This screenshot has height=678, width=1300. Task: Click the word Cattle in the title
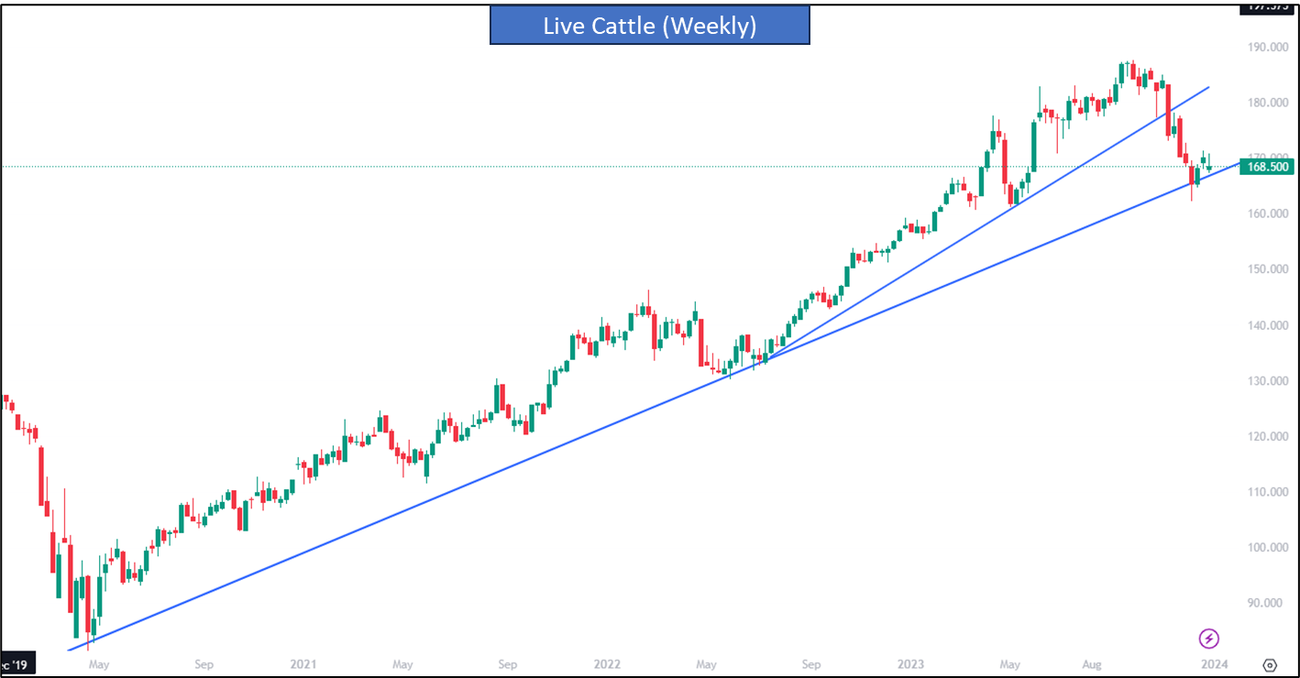[x=623, y=26]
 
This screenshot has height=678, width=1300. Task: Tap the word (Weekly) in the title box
[x=711, y=26]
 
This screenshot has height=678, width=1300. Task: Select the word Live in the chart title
[x=563, y=26]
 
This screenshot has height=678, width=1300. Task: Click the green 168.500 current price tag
[x=1265, y=167]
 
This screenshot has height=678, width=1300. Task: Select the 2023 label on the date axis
[x=910, y=664]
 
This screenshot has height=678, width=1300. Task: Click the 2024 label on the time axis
[x=1214, y=664]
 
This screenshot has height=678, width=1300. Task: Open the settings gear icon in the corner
[x=1270, y=665]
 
